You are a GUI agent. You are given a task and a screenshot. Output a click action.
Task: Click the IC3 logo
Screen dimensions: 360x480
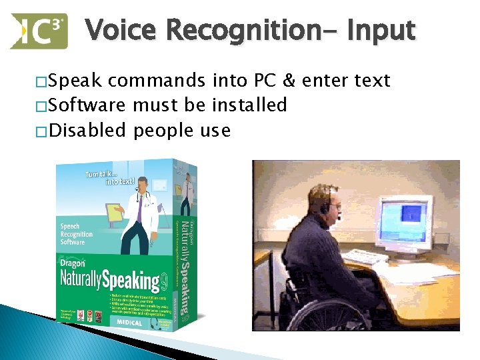click(x=39, y=31)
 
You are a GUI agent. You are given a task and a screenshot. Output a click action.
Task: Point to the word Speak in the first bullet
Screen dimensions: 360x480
click(x=75, y=81)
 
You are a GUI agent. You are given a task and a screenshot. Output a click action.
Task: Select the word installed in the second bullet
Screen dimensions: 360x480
click(x=253, y=105)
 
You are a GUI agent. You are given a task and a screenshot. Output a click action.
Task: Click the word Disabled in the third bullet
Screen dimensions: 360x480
click(x=87, y=129)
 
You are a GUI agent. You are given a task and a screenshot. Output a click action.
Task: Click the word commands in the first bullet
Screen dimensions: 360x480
click(x=157, y=81)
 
